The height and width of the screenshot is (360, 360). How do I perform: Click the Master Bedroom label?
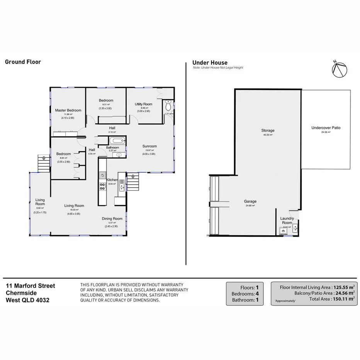point(68,110)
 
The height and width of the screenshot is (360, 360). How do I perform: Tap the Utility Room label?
point(143,104)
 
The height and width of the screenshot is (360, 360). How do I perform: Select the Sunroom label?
point(149,146)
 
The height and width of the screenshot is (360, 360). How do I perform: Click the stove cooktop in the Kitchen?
point(103,187)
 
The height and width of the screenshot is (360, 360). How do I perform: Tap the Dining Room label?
point(112,219)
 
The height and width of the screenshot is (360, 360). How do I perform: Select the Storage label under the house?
point(268,131)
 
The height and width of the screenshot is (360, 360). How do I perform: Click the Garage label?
point(250,201)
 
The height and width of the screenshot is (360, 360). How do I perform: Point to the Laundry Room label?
point(287,221)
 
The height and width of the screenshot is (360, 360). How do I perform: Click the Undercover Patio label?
point(326,127)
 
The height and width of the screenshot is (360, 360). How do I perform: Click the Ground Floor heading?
point(23,62)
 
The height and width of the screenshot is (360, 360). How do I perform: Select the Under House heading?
point(210,63)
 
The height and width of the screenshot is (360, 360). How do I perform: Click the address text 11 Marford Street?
point(30,286)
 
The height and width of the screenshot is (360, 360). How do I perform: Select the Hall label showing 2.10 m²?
point(112,128)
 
